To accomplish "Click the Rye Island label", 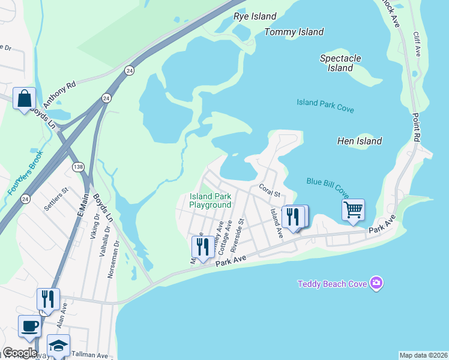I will pyautogui.click(x=255, y=17).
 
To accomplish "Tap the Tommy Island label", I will pyautogui.click(x=294, y=32).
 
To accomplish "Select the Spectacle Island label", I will pyautogui.click(x=340, y=63).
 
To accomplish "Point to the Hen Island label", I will pyautogui.click(x=360, y=141).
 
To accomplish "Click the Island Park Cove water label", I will pyautogui.click(x=325, y=106).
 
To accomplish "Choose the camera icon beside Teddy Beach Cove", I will pyautogui.click(x=376, y=283).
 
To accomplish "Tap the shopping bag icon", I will pyautogui.click(x=25, y=98).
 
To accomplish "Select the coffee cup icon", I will pyautogui.click(x=30, y=326).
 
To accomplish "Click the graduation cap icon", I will pyautogui.click(x=58, y=346).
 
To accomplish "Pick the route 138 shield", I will pyautogui.click(x=77, y=167).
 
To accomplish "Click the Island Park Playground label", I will pyautogui.click(x=210, y=200).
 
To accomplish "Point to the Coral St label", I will pyautogui.click(x=270, y=190).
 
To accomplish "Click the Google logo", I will pyautogui.click(x=20, y=353).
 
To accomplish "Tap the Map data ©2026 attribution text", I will pyautogui.click(x=423, y=355).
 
